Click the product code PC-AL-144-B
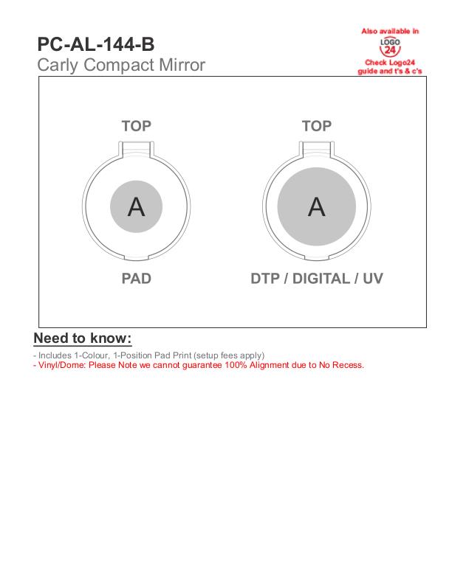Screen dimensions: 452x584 coord(96,44)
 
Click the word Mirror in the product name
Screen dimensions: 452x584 coord(182,65)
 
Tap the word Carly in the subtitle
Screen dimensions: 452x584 coord(58,66)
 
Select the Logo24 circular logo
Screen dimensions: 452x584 coord(390,46)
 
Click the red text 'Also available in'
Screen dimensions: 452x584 coord(390,31)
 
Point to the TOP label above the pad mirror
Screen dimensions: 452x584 coord(136,126)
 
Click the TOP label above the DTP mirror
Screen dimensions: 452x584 coord(317,126)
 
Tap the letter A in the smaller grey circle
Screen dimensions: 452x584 coord(136,207)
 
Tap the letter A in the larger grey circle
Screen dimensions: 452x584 coord(317,207)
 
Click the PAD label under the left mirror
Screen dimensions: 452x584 coord(136,279)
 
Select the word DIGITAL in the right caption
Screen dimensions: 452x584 coord(321,279)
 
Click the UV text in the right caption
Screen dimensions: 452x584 coord(373,279)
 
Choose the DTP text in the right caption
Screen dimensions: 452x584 coord(265,279)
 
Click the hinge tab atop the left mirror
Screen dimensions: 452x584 coord(136,148)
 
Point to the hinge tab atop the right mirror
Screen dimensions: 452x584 coord(317,148)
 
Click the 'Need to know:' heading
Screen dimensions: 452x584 coord(83,338)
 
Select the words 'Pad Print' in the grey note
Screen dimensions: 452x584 coord(173,355)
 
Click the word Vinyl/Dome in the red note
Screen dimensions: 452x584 coord(62,365)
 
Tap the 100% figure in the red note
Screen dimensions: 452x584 coord(236,365)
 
